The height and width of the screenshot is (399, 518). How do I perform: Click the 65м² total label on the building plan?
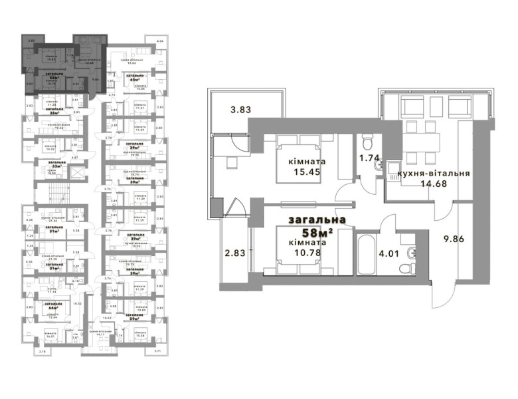[x=139, y=80]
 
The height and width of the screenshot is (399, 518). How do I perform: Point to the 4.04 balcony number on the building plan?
[x=159, y=42]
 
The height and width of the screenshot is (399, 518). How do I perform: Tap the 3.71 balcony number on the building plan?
[x=157, y=350]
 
